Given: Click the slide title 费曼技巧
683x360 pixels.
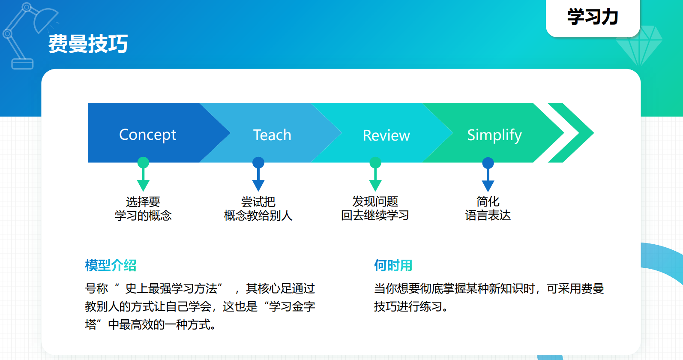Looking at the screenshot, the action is [88, 44].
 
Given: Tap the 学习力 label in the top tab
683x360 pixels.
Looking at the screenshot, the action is [593, 17].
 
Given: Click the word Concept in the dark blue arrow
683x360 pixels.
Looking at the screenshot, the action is [147, 135].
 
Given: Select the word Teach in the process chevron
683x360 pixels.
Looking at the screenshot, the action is [272, 135].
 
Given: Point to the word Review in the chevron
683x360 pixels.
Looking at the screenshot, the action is [386, 135].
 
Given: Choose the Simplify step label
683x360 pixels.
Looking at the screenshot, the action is [494, 135].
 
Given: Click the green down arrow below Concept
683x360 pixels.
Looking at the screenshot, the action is [143, 174].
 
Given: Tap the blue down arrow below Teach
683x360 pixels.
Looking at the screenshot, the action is [258, 174].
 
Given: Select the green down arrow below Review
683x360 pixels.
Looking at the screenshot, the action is [375, 174].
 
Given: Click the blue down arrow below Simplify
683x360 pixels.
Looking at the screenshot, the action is [488, 174].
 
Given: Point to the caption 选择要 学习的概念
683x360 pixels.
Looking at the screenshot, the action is [143, 209].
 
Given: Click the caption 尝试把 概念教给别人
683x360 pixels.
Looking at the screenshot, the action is [258, 209].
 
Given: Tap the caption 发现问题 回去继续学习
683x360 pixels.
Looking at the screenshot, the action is [375, 208].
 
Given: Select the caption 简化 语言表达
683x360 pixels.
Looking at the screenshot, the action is [488, 208].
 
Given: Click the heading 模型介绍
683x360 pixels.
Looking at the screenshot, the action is [111, 265].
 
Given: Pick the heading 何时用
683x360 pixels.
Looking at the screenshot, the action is [393, 265].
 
